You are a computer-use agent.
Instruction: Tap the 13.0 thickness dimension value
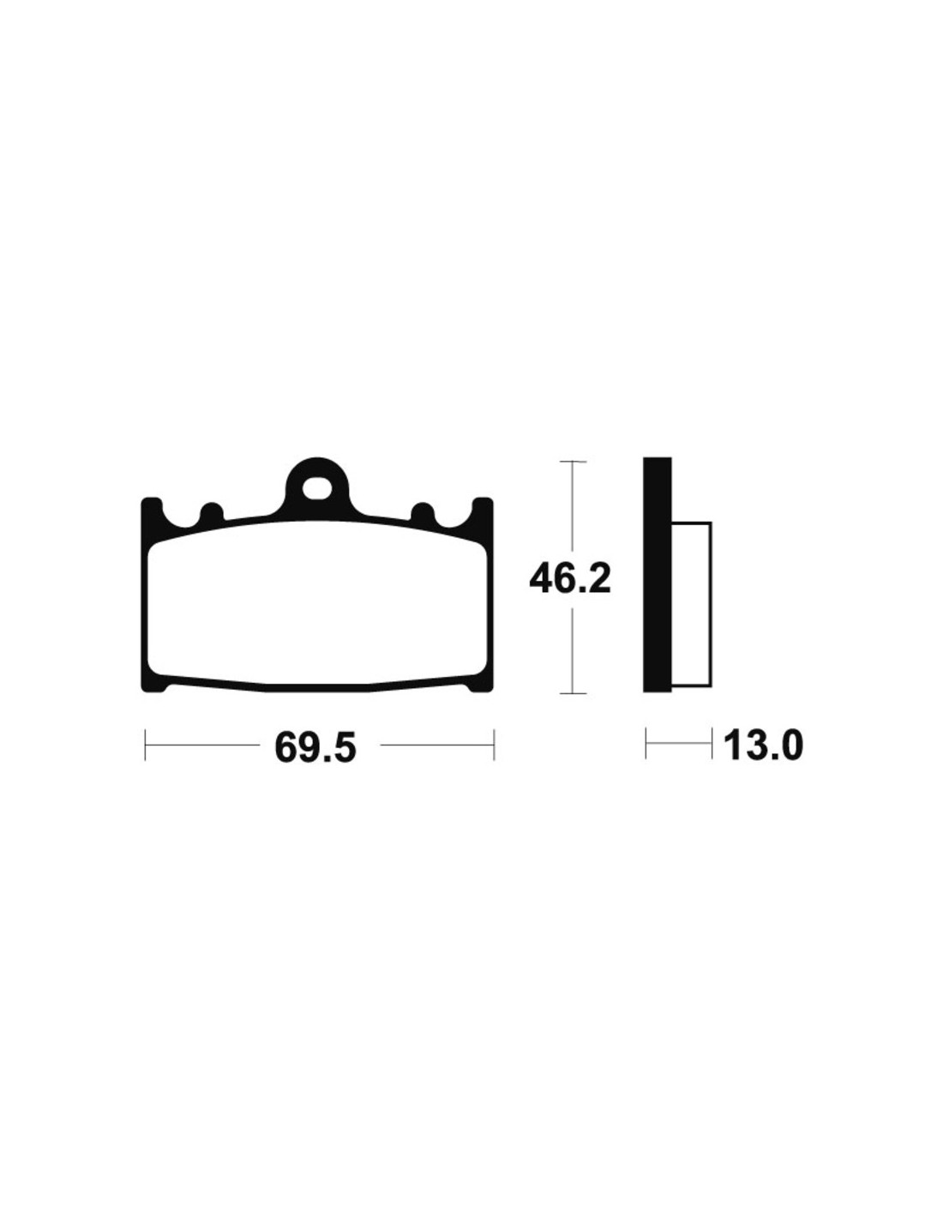coord(763,746)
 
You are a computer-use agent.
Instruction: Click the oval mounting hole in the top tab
coord(315,487)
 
